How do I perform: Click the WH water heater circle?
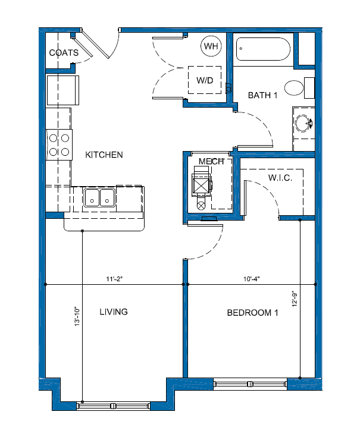pyautogui.click(x=211, y=46)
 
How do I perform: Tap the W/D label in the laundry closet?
pyautogui.click(x=205, y=80)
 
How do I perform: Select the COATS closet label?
pyautogui.click(x=64, y=53)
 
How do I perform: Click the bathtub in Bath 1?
pyautogui.click(x=264, y=49)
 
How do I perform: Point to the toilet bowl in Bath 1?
pyautogui.click(x=294, y=88)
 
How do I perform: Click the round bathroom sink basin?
pyautogui.click(x=303, y=123)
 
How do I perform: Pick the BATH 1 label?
pyautogui.click(x=262, y=95)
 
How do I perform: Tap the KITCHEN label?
pyautogui.click(x=104, y=155)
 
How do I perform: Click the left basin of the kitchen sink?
pyautogui.click(x=92, y=198)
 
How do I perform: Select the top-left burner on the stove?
pyautogui.click(x=53, y=138)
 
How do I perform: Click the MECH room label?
pyautogui.click(x=211, y=161)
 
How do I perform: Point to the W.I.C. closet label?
pyautogui.click(x=280, y=178)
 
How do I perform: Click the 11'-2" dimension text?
pyautogui.click(x=114, y=279)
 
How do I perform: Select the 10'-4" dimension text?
pyautogui.click(x=251, y=279)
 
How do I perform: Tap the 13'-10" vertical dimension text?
pyautogui.click(x=77, y=316)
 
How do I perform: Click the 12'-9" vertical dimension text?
pyautogui.click(x=295, y=299)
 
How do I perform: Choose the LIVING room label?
pyautogui.click(x=114, y=312)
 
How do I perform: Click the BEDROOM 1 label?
pyautogui.click(x=252, y=313)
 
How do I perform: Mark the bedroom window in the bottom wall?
pyautogui.click(x=250, y=384)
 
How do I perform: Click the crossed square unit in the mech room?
pyautogui.click(x=201, y=186)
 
